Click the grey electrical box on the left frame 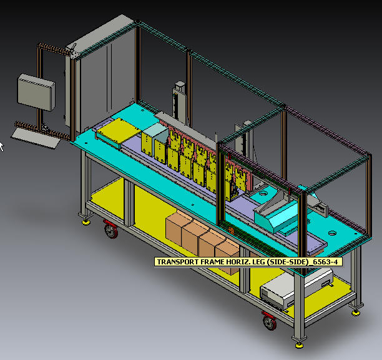(x=36, y=92)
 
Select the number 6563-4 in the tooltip (x=325, y=262)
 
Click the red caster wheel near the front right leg (x=270, y=321)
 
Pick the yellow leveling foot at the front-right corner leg (x=300, y=345)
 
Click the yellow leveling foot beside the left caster (x=86, y=222)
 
